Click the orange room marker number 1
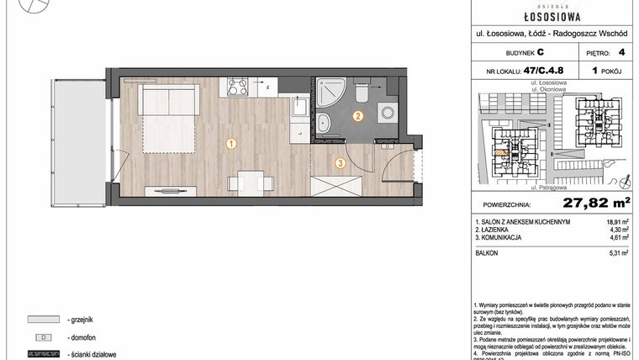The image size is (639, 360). (x=231, y=144)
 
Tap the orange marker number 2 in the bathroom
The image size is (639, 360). (x=358, y=117)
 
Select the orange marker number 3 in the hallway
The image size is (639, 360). (x=340, y=163)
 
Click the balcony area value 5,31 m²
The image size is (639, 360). (x=620, y=251)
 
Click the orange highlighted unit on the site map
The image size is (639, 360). (x=502, y=152)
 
